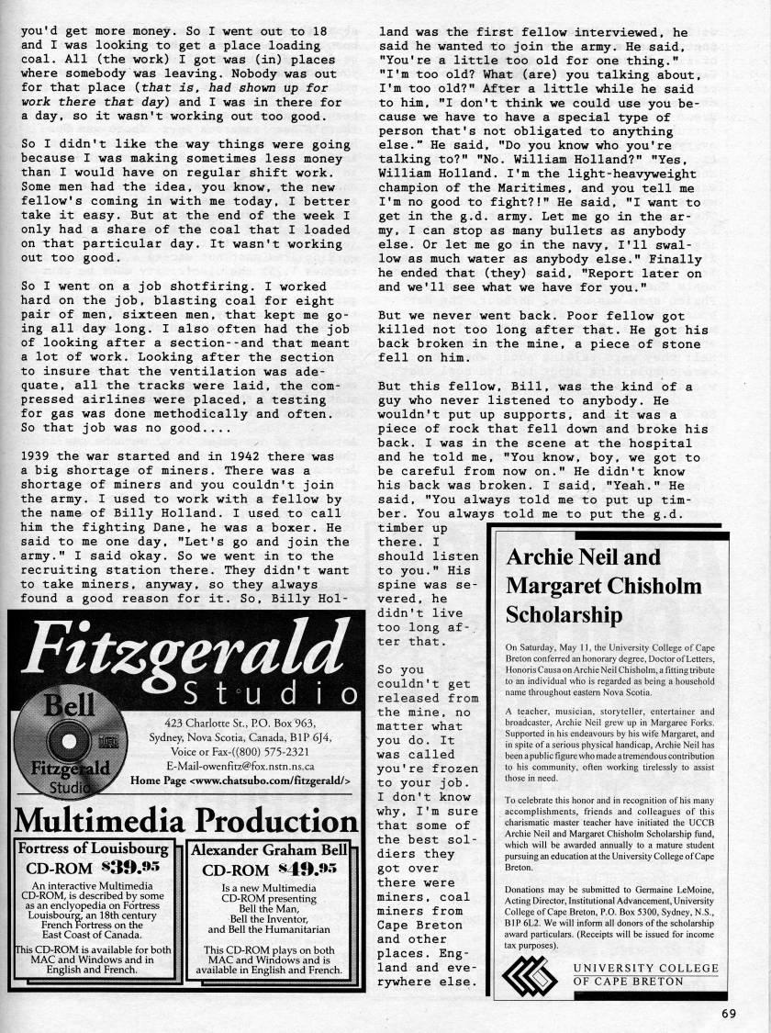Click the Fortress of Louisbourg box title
coord(95,848)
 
